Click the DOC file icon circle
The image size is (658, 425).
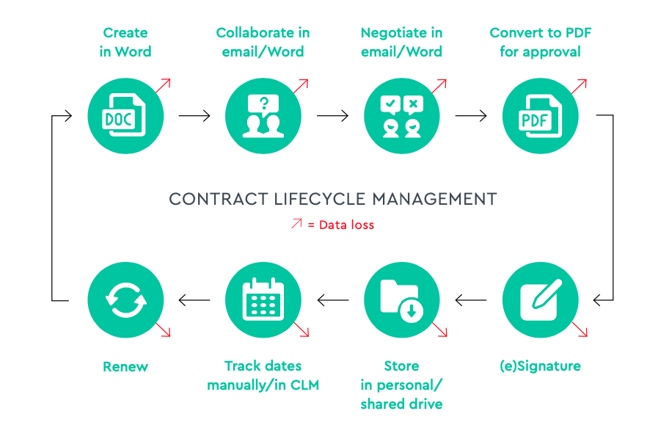point(125,116)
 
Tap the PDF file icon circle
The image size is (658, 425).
point(540,116)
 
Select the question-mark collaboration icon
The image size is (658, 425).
point(263,116)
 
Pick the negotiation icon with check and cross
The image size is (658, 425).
point(402,116)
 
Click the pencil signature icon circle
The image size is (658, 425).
point(540,299)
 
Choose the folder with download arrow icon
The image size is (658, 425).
point(402,299)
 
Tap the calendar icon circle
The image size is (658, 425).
point(263,299)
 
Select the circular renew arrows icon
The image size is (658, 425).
point(125,299)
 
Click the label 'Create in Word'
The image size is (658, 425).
point(125,43)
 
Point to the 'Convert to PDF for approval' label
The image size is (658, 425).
point(540,43)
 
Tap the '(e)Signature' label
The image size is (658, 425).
point(540,366)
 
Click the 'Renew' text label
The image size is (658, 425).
point(125,366)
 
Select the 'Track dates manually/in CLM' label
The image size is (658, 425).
point(263,375)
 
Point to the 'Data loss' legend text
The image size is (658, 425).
point(346,225)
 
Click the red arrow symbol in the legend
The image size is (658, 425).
point(296,224)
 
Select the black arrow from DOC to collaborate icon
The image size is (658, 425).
point(194,116)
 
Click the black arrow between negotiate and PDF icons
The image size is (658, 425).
point(471,116)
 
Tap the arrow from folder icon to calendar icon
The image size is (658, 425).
point(332,299)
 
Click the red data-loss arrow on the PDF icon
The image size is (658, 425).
point(579,85)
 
